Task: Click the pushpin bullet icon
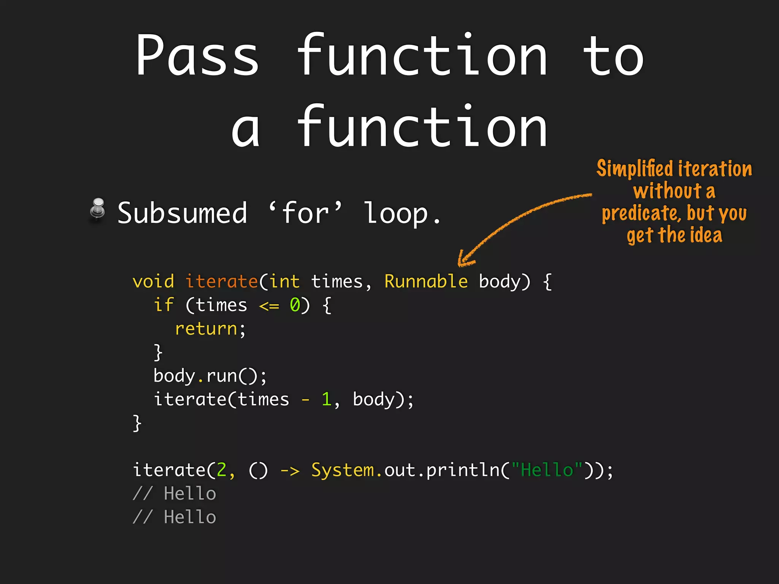[98, 209]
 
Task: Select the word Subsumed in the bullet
[182, 213]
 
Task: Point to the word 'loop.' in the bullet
[402, 214]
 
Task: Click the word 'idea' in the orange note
[707, 235]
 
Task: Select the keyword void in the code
[153, 282]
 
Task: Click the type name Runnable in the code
[426, 282]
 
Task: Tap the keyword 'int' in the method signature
[285, 282]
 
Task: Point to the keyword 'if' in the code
[164, 305]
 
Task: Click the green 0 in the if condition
[295, 305]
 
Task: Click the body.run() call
[210, 376]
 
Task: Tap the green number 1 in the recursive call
[326, 400]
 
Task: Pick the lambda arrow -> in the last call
[290, 471]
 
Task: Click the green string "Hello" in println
[547, 470]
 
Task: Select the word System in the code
[343, 470]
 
